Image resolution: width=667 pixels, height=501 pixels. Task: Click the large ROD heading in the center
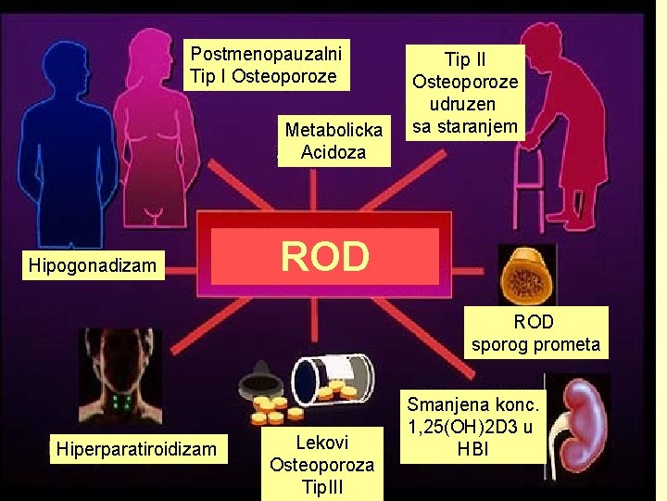[x=324, y=256]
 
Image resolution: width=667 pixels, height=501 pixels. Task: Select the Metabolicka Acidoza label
[x=333, y=141]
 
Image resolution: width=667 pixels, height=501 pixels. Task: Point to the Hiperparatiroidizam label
[x=136, y=450]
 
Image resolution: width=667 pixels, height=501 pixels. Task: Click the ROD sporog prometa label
[x=535, y=334]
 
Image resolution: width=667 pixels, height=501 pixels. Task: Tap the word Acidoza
[x=333, y=151]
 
